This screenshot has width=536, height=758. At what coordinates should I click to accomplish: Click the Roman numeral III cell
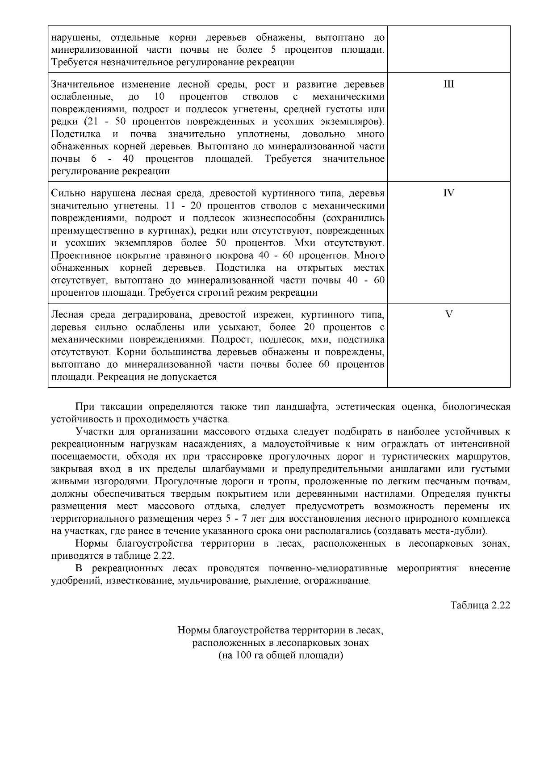click(x=449, y=84)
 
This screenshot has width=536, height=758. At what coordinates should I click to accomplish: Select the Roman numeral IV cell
click(x=449, y=193)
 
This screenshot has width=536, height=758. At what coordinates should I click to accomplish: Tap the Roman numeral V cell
click(x=449, y=314)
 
